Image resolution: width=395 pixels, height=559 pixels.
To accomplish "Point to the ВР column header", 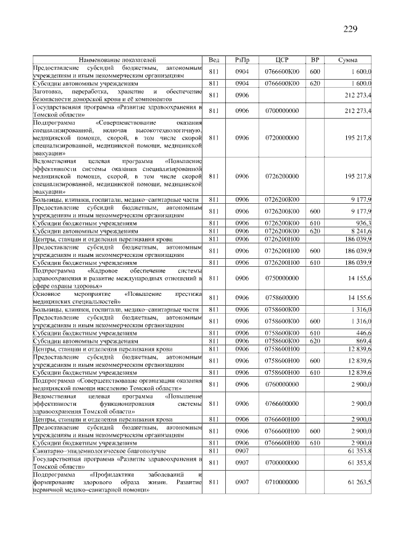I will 314,59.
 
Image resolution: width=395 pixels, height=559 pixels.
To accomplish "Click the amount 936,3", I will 361,222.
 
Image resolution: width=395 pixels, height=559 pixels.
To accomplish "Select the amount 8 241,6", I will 359,230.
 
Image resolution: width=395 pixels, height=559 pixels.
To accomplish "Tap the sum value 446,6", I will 361,332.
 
